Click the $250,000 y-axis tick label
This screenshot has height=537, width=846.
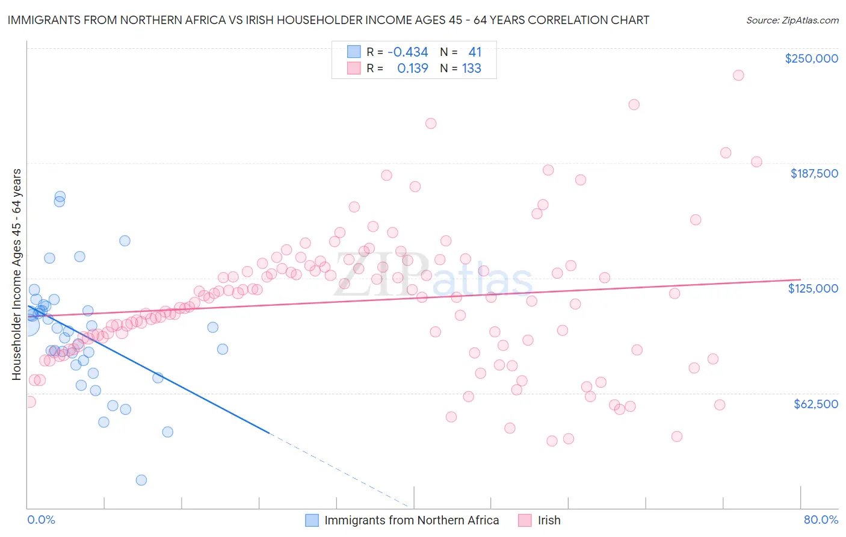click(811, 58)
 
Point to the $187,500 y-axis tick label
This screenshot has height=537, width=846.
click(814, 173)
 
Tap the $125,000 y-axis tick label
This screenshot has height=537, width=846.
click(813, 288)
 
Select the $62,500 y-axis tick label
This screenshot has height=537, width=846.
click(815, 404)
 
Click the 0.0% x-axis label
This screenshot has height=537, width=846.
click(41, 520)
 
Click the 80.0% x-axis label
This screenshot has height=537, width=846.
click(821, 520)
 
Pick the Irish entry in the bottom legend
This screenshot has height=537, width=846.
click(549, 520)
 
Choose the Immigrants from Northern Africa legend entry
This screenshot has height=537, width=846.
click(412, 520)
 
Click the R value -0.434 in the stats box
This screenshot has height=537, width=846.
click(407, 52)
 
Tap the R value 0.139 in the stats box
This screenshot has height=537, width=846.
click(412, 69)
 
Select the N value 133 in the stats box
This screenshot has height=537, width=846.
click(471, 69)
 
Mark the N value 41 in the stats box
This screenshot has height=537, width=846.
click(475, 52)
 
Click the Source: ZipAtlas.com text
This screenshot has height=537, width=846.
click(792, 20)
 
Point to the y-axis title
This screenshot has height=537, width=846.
click(17, 275)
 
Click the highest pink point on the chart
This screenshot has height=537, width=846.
click(738, 75)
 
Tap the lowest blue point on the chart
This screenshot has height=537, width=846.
click(141, 480)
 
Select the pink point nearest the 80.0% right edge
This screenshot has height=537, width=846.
click(756, 162)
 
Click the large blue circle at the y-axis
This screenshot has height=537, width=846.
click(28, 325)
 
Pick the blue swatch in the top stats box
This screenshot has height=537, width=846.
click(354, 52)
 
